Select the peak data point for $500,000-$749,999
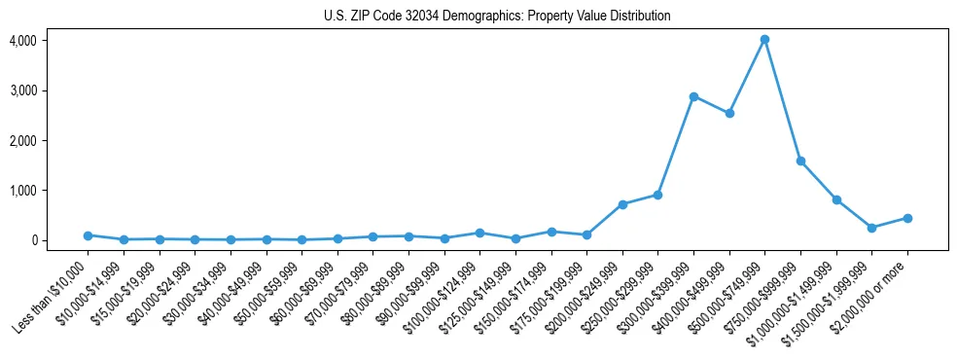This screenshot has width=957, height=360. pyautogui.click(x=764, y=40)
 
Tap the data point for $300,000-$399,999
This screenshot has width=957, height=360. pyautogui.click(x=693, y=96)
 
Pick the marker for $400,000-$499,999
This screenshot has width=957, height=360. pyautogui.click(x=729, y=113)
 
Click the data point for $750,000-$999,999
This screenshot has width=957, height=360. pyautogui.click(x=800, y=161)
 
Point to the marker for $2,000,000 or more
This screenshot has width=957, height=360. pyautogui.click(x=907, y=218)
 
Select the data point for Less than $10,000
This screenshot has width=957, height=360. pyautogui.click(x=88, y=235)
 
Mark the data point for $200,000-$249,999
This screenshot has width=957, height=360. pyautogui.click(x=622, y=204)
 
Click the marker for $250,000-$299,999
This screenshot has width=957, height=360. pyautogui.click(x=658, y=195)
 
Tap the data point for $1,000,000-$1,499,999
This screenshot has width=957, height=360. pyautogui.click(x=836, y=199)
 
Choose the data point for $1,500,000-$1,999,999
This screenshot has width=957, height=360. pyautogui.click(x=871, y=228)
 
